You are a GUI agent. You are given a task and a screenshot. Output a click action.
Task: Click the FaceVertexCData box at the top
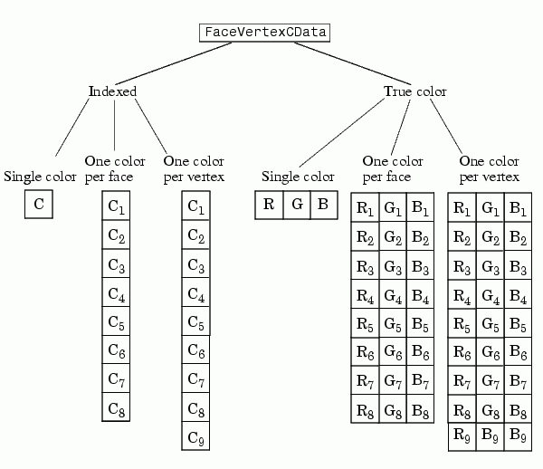(264, 33)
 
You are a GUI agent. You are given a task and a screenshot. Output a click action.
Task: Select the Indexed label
(113, 91)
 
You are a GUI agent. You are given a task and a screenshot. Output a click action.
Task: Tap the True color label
(415, 91)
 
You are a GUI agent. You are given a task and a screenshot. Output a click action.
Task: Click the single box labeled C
(39, 204)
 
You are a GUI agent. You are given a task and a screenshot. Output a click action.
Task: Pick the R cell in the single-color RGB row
(269, 205)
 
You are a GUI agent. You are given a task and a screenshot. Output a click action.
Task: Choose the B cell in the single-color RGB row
(323, 205)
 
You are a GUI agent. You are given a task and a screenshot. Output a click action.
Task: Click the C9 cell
(195, 438)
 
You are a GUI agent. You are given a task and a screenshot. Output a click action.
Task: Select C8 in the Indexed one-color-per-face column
(116, 408)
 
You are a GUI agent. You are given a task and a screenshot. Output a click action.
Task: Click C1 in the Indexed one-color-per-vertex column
(195, 207)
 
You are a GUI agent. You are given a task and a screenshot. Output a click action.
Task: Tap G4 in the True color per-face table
(392, 295)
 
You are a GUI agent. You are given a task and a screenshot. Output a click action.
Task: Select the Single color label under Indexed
(41, 176)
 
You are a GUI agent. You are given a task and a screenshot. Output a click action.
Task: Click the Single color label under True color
(298, 176)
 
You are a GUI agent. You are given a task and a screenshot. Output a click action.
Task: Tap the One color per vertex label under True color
(489, 168)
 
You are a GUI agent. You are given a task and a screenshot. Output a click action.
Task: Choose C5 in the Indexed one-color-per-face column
(116, 321)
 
